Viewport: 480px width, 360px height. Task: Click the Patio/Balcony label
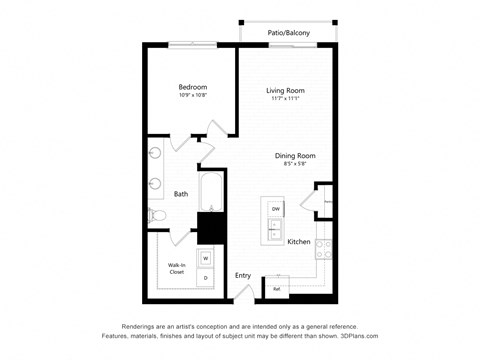tap(288, 33)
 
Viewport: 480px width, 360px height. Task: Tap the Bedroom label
tap(192, 87)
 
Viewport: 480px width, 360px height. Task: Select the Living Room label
tap(285, 91)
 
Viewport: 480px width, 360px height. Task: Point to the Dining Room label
tap(296, 155)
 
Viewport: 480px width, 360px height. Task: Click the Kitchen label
tap(299, 242)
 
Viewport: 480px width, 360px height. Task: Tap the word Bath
tap(181, 194)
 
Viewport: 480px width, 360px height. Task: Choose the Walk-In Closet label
tap(177, 267)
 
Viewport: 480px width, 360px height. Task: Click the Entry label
tap(243, 275)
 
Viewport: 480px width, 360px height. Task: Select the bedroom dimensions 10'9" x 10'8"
tap(192, 97)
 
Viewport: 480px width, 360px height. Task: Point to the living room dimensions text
tap(285, 100)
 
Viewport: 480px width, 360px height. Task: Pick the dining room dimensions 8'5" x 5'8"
tap(296, 165)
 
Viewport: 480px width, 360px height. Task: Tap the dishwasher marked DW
tap(275, 208)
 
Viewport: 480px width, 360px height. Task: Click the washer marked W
tap(206, 258)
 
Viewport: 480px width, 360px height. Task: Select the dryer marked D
tap(206, 277)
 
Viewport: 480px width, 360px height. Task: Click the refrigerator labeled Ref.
tap(277, 289)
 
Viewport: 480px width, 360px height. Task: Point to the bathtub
tap(212, 194)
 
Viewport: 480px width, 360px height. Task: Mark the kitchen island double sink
tap(274, 230)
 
